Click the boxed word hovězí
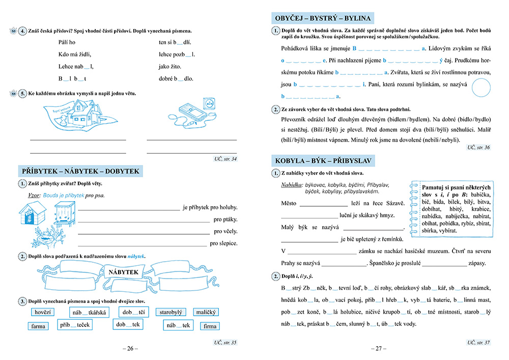43,312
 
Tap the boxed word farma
39,326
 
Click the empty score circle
484,88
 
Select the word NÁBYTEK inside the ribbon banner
124,272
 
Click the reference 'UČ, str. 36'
478,148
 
